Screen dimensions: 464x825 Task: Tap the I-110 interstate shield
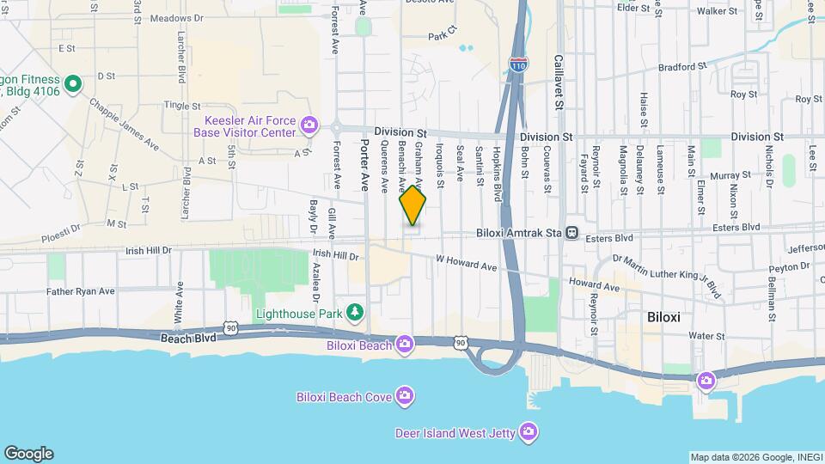pos(517,64)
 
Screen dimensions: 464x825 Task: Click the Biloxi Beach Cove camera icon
pos(405,395)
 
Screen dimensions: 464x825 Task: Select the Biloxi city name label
pos(663,317)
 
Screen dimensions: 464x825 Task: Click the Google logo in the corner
pos(28,454)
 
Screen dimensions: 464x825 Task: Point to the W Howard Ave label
pos(466,262)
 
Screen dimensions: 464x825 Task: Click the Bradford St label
pos(681,65)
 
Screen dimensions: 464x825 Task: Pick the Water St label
pos(683,336)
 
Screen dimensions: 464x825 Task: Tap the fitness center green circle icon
pos(73,84)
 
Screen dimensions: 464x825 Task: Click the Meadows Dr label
pos(175,17)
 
